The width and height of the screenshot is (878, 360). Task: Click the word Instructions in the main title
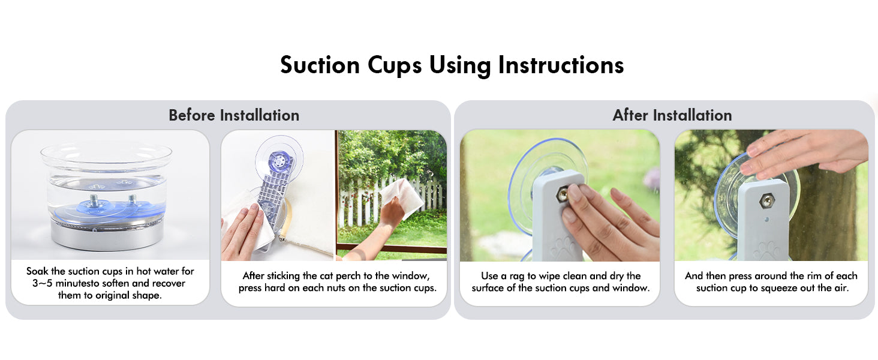(561, 65)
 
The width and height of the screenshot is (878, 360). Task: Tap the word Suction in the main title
(320, 65)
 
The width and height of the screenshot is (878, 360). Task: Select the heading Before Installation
(234, 115)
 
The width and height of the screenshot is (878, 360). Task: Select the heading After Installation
(672, 115)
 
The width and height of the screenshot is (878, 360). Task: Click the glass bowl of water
(106, 184)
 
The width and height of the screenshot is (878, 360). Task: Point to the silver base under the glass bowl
(107, 235)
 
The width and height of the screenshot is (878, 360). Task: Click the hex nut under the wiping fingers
(563, 194)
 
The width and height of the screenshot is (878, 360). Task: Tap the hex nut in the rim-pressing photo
(767, 201)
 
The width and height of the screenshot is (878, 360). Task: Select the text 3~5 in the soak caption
(43, 283)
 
